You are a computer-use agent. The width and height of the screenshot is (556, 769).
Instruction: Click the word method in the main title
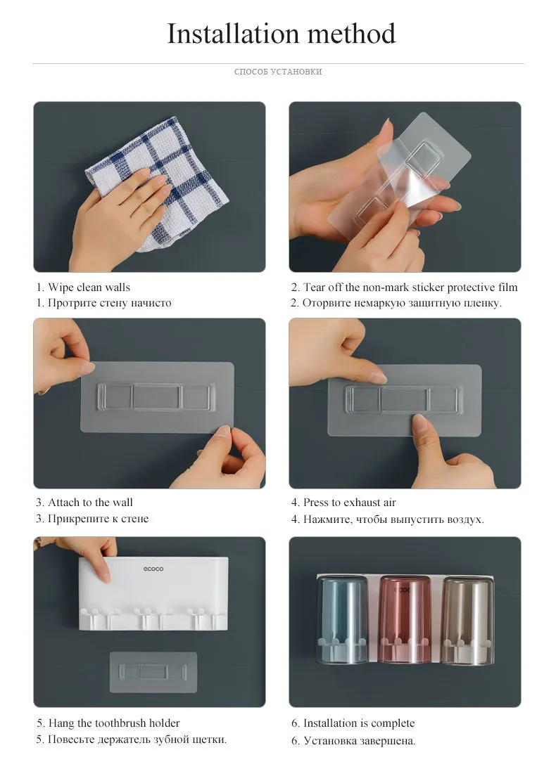click(x=351, y=34)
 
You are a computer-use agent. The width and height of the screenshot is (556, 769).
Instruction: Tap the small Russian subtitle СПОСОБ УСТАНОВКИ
click(x=278, y=72)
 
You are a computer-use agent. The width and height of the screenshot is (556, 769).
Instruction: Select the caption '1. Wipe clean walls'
click(x=83, y=287)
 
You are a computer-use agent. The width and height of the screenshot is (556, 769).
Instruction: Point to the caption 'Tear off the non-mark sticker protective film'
click(x=410, y=287)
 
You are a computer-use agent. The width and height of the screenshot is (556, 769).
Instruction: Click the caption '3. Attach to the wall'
click(x=84, y=503)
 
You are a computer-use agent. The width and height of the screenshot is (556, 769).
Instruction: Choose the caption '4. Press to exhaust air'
click(x=343, y=503)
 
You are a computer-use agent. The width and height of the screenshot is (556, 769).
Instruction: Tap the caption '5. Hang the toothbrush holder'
click(x=108, y=723)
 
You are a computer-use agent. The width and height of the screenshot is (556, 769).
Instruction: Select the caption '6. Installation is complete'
click(x=353, y=723)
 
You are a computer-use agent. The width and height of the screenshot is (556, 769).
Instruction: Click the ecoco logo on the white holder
click(x=153, y=569)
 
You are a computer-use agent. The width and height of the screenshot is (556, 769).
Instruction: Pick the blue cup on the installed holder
click(x=342, y=620)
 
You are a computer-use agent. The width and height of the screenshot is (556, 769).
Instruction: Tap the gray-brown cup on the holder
click(x=467, y=621)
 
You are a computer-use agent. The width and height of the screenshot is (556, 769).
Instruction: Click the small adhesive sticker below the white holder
click(x=153, y=672)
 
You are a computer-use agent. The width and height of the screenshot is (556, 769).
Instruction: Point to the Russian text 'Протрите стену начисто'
click(x=110, y=303)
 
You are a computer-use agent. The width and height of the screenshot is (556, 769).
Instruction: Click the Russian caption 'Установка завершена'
click(x=360, y=741)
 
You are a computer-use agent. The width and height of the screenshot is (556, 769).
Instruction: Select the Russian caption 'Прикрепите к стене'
click(x=99, y=519)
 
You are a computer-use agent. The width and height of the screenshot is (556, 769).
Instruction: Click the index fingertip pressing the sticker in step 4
click(x=419, y=420)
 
